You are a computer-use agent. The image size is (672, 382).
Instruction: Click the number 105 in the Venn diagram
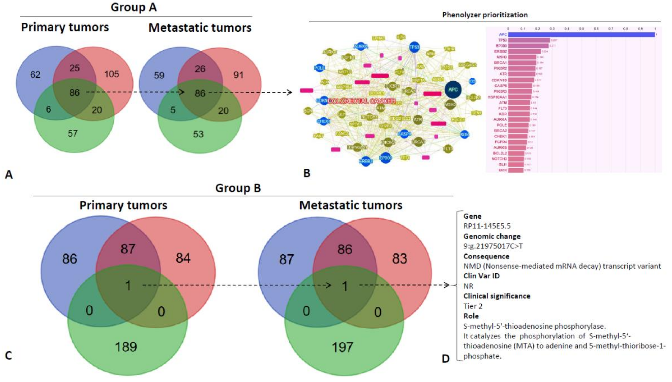(112, 74)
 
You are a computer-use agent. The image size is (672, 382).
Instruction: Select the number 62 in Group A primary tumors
(35, 75)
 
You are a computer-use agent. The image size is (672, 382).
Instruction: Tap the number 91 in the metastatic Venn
(238, 75)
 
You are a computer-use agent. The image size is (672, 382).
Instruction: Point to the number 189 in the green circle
(126, 347)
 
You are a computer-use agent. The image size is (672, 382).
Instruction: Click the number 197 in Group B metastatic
(342, 347)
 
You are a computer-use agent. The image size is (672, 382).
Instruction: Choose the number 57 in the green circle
(73, 133)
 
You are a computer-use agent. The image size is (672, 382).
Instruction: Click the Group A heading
(134, 7)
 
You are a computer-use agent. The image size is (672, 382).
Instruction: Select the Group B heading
(238, 188)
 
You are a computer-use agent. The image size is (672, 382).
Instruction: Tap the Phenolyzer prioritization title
(485, 15)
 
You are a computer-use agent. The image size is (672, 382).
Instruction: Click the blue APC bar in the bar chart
(581, 35)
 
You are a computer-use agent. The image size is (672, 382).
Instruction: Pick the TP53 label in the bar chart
(503, 40)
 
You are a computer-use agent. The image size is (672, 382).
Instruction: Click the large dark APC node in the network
(453, 89)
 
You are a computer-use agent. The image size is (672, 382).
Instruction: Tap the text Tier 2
(473, 306)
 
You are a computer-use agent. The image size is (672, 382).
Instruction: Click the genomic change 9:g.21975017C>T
(493, 246)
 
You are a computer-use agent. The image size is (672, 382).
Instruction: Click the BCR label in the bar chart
(503, 170)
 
